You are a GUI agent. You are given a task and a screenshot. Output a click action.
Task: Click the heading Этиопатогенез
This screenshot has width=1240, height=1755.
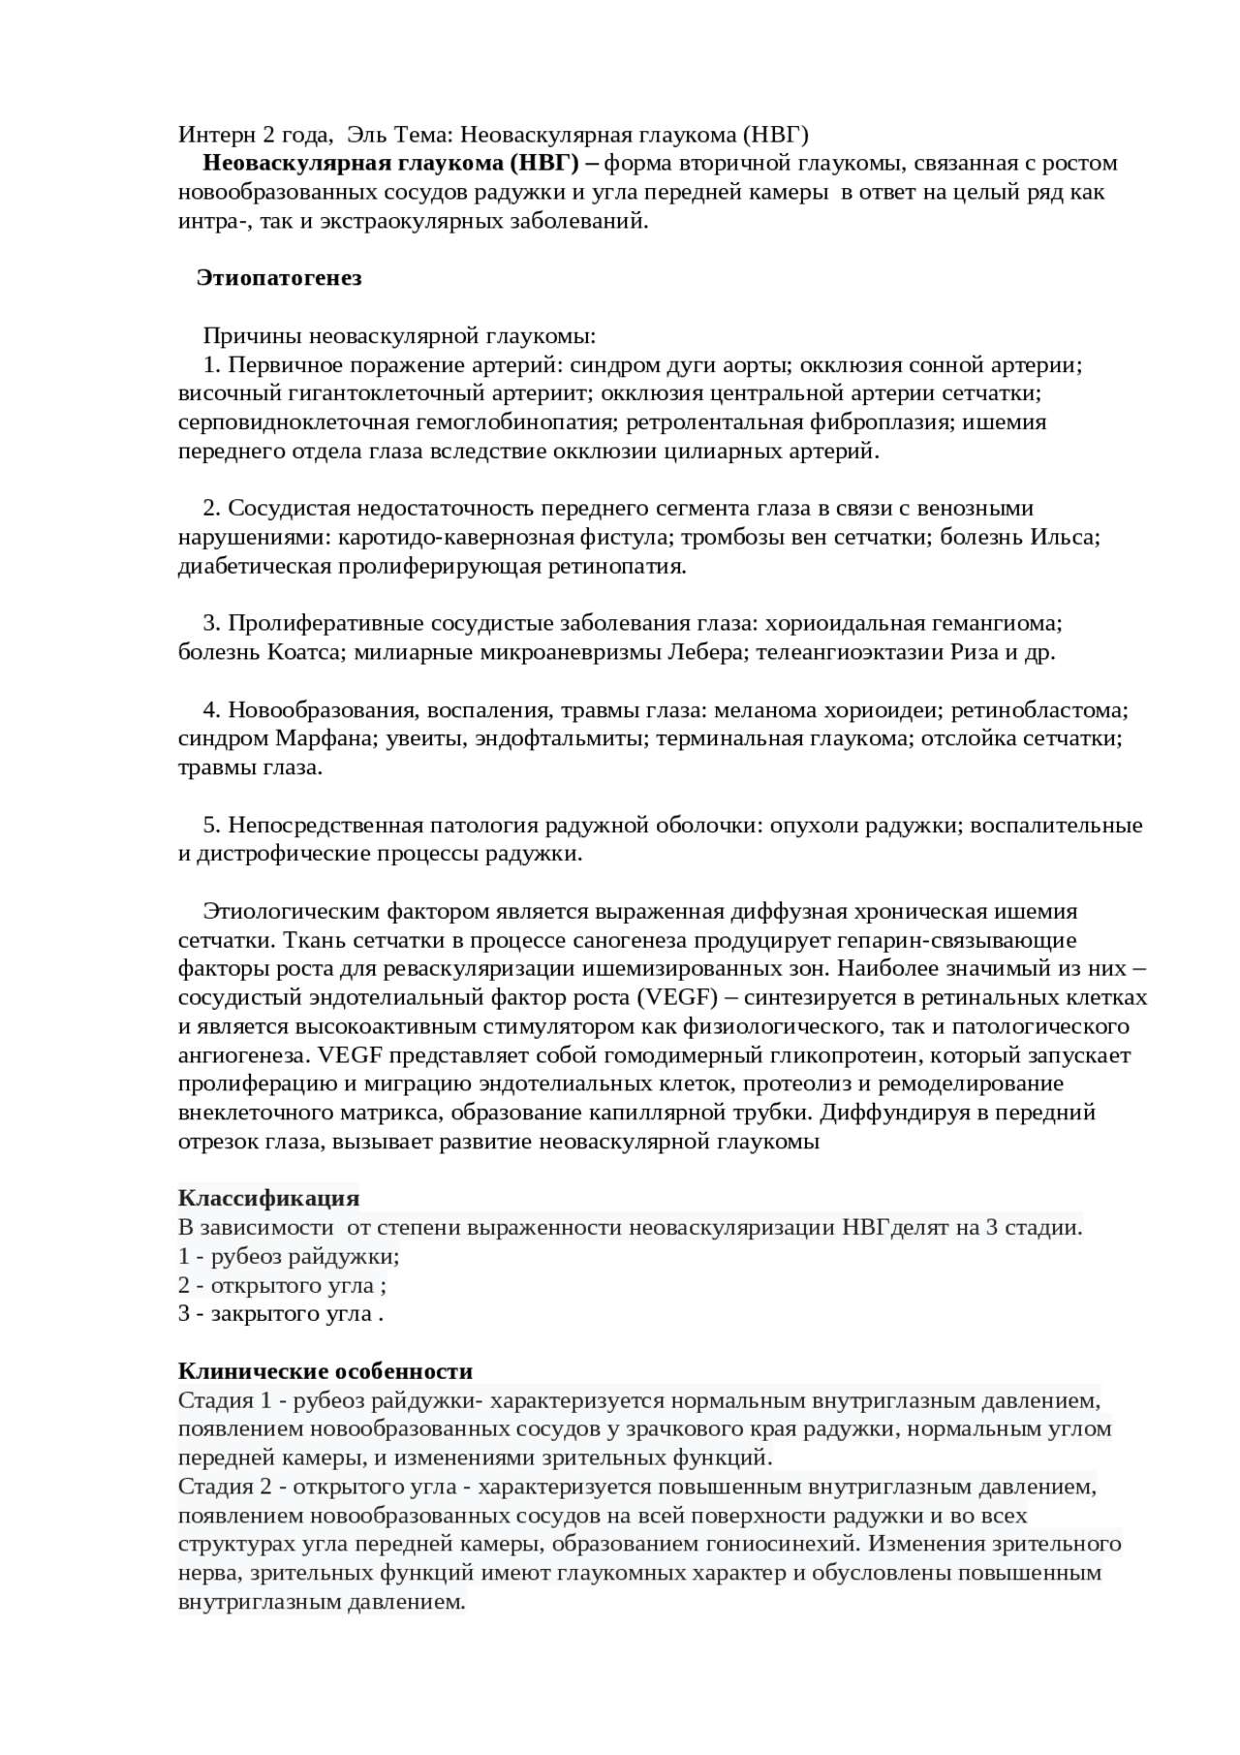[x=279, y=278]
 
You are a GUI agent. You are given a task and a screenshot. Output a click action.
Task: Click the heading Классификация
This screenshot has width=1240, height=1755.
[x=268, y=1199]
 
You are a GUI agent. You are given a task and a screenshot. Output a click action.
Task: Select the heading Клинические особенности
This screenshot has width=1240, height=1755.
[x=325, y=1371]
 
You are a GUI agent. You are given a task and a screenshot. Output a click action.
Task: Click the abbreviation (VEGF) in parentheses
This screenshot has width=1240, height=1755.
[x=675, y=997]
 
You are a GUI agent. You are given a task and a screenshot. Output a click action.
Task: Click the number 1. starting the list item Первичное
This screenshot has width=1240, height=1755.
[x=213, y=365]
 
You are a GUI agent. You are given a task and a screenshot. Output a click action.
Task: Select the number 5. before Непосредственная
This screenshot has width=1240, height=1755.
[x=213, y=826]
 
